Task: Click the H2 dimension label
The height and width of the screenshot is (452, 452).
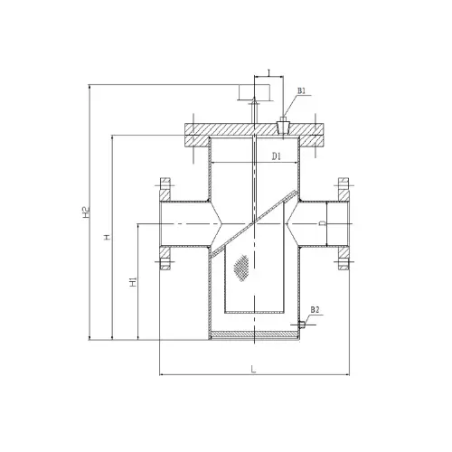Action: [x=86, y=212]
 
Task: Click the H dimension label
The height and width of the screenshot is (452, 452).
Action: [x=107, y=237]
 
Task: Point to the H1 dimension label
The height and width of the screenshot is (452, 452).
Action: [x=133, y=282]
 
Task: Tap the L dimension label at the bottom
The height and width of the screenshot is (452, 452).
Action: [x=253, y=369]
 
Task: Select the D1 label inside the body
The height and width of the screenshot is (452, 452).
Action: [x=277, y=156]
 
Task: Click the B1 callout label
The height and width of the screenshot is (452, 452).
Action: [x=302, y=90]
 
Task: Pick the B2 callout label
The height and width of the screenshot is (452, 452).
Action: [x=315, y=310]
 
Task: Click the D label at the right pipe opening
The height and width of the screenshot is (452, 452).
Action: [x=323, y=223]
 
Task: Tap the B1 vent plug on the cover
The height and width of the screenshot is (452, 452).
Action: [x=283, y=127]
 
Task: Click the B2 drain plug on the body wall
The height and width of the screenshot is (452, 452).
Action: [x=302, y=325]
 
